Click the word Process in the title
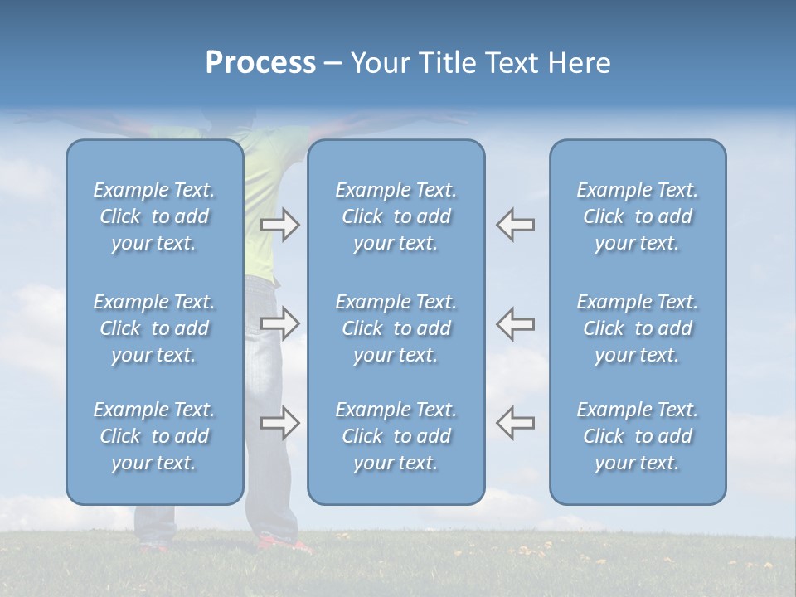pos(260,63)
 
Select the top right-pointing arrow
pos(280,225)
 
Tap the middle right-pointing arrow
pos(280,324)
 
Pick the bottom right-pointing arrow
pos(280,423)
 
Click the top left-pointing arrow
pos(515,225)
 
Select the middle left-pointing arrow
pos(515,324)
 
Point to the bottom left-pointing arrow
pos(515,423)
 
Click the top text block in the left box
pos(154,216)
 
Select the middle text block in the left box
pos(154,328)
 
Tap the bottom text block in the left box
pos(154,436)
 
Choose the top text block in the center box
pos(396,216)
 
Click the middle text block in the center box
pos(396,328)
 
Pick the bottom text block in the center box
pos(396,436)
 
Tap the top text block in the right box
pos(638,216)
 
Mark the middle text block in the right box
pos(638,328)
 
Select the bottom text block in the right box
pos(638,436)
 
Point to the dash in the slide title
pos(332,64)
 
